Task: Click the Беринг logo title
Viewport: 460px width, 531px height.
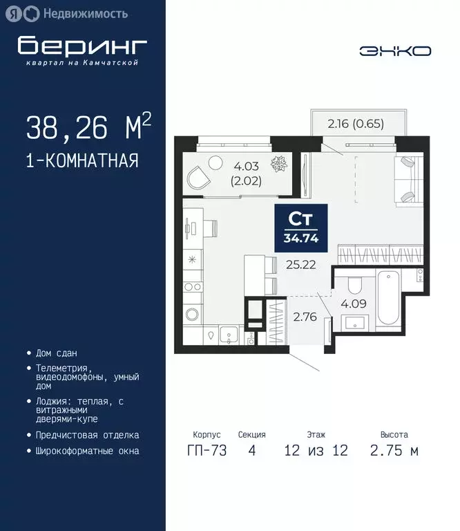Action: (83, 46)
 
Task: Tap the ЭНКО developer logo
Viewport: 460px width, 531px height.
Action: (395, 50)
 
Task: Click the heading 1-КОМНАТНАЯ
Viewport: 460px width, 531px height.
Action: (82, 161)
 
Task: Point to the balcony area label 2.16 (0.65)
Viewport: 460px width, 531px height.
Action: (356, 124)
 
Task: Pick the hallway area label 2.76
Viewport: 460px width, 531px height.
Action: (305, 319)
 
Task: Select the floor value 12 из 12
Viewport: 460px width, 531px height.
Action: (316, 451)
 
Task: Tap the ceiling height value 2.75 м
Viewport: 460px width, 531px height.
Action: (394, 451)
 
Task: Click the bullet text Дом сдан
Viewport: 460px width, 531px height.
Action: (56, 353)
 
